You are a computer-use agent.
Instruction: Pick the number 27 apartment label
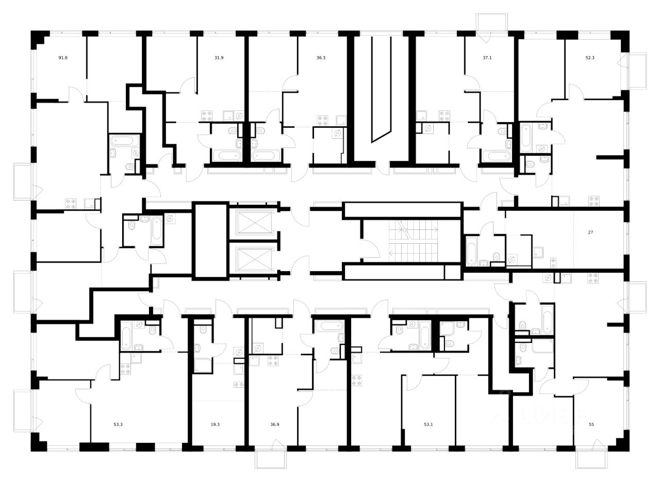590,232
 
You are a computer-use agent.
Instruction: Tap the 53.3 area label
118,425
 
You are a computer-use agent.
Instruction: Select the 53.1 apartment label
428,425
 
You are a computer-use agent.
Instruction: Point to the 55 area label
591,425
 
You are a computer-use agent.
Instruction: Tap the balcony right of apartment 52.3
637,70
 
